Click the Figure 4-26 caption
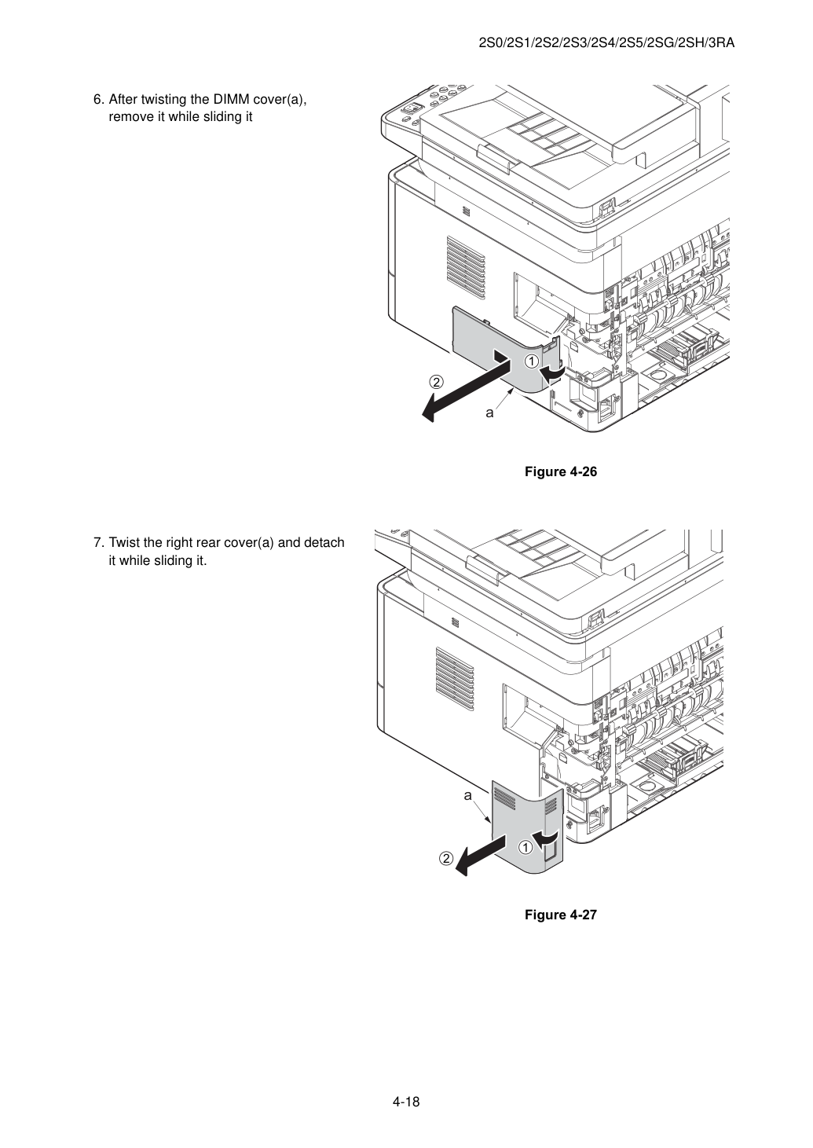pos(560,471)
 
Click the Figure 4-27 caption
pos(560,915)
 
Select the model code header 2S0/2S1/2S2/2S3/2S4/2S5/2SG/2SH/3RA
pos(606,43)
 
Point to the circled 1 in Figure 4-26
pos(531,361)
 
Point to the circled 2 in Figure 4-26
pos(436,382)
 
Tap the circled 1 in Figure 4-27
pos(525,848)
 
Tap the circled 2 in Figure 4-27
pos(447,858)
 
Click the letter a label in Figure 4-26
pos(489,413)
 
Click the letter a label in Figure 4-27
pos(467,795)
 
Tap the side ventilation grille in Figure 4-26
pos(465,267)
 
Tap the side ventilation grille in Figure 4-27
pos(455,680)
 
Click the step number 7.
pos(99,543)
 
